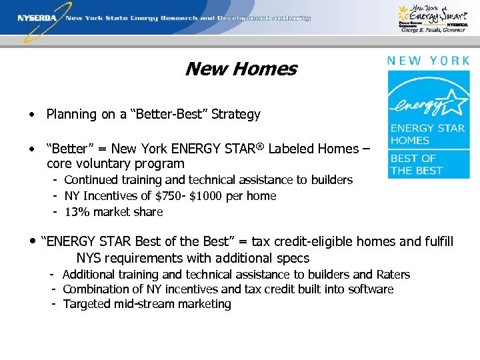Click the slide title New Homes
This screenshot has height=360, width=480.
[241, 69]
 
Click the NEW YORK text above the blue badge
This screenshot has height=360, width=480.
[428, 60]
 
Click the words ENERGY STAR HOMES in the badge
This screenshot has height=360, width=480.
[421, 134]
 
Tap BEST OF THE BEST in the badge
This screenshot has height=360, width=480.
[417, 164]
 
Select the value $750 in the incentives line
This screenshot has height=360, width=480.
[178, 196]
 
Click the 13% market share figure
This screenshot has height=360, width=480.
[77, 212]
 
